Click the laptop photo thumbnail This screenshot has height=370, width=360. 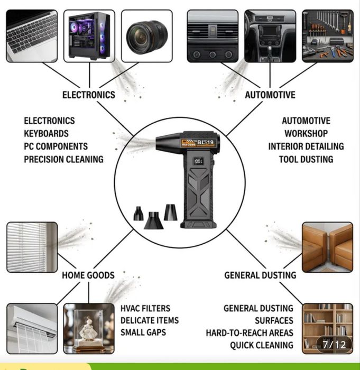click(x=32, y=35)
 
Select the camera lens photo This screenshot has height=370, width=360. click(x=146, y=35)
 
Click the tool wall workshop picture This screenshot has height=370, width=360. click(x=327, y=35)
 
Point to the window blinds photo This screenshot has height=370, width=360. click(x=32, y=247)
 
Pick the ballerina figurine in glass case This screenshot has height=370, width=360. click(x=89, y=328)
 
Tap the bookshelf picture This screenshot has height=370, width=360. click(x=327, y=328)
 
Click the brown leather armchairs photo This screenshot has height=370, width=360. click(x=327, y=247)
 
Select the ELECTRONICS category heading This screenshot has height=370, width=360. click(x=88, y=95)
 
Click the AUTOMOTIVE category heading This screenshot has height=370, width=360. click(x=270, y=95)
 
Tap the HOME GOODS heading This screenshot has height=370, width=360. click(x=88, y=275)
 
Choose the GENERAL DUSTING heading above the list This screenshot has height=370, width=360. click(x=260, y=275)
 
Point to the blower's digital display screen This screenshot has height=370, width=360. click(x=199, y=161)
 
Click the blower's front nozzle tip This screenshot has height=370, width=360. click(x=159, y=142)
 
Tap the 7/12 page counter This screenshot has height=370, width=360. click(x=334, y=345)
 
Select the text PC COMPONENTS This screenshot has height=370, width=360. click(x=56, y=146)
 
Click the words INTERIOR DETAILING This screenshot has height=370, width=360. click(x=306, y=146)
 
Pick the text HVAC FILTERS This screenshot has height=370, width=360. click(x=145, y=309)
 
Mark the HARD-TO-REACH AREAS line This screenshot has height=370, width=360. click(x=250, y=333)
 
